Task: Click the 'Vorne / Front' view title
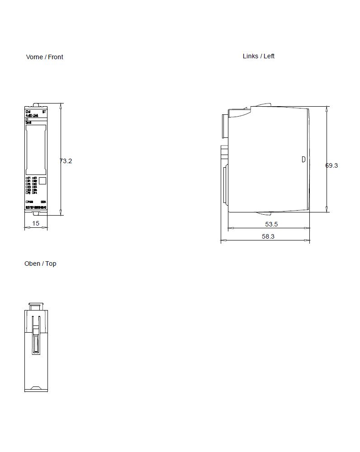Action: [44, 57]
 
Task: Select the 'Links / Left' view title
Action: [258, 56]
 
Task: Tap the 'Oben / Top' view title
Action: [40, 264]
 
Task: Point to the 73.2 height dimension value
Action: [66, 160]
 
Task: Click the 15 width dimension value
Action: [36, 223]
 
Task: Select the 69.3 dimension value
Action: [332, 165]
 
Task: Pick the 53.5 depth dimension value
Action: [271, 224]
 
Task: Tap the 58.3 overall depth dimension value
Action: [268, 236]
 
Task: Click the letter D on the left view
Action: [303, 159]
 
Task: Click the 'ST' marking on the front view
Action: [44, 111]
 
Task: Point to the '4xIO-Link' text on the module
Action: [32, 116]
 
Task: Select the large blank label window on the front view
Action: [36, 150]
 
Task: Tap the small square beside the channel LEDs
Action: [43, 181]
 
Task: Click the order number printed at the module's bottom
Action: [36, 207]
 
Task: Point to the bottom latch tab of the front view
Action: [36, 227]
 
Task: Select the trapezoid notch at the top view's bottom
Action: [36, 388]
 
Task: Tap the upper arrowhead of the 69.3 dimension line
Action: [327, 109]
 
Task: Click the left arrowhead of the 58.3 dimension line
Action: [222, 240]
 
